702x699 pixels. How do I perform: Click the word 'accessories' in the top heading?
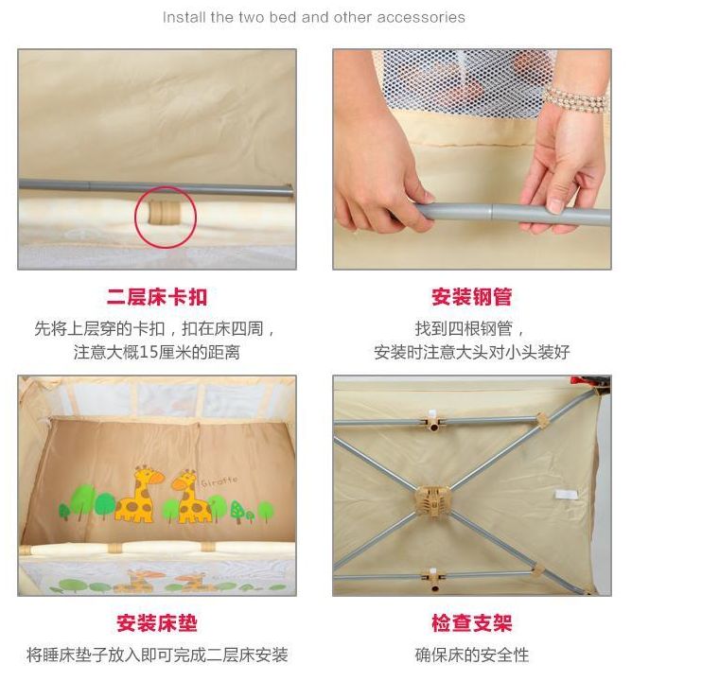[421, 17]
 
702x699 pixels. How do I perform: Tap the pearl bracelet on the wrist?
[575, 99]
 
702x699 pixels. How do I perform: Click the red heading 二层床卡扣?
[156, 297]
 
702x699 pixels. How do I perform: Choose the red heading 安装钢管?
[471, 297]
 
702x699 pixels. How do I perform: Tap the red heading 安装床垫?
[156, 623]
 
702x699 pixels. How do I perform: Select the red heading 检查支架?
[471, 623]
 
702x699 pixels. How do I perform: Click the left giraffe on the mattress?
[134, 495]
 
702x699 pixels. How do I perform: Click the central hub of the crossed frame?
[434, 499]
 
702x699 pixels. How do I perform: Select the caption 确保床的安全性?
[471, 655]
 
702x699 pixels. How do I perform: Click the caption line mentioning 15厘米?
[156, 352]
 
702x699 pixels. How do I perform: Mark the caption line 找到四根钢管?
[471, 328]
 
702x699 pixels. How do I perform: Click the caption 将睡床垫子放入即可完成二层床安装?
[156, 655]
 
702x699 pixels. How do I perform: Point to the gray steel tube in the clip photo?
[95, 186]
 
